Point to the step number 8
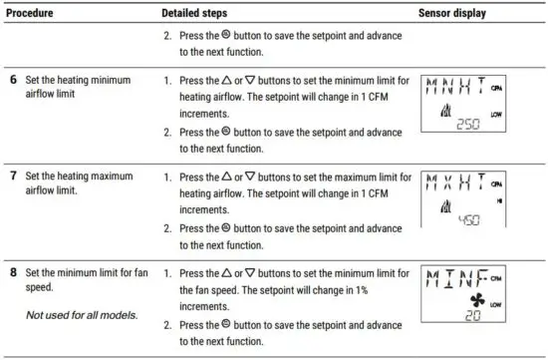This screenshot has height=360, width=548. [13, 272]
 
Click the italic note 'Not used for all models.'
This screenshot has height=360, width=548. [79, 315]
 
